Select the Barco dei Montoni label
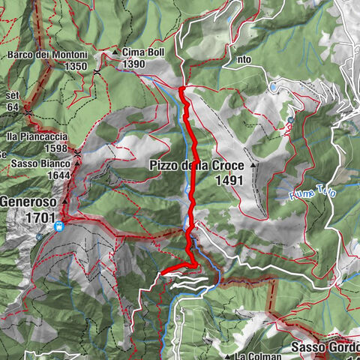coord(49,55)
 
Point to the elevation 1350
coord(77,66)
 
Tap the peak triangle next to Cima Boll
coord(116,53)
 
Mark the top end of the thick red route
coord(181,89)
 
